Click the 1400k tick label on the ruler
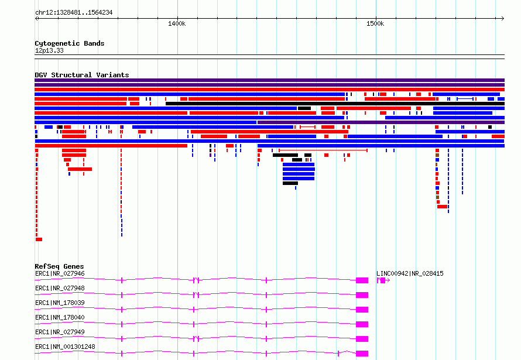click(177, 23)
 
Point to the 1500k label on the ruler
click(375, 23)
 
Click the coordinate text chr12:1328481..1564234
click(74, 13)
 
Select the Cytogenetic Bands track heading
click(70, 43)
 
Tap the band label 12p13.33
click(49, 50)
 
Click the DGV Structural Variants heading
click(82, 75)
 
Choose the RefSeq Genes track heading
click(59, 266)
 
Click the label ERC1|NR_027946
click(60, 273)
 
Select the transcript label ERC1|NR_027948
click(60, 288)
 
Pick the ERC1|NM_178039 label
click(60, 303)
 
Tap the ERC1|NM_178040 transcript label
click(60, 317)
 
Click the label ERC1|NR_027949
click(60, 332)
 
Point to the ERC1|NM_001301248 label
click(65, 347)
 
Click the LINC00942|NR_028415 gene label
click(410, 273)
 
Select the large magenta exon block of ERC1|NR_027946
click(362, 280)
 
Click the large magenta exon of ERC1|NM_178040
click(362, 324)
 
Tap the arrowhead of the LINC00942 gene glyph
click(388, 280)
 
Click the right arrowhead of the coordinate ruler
click(503, 19)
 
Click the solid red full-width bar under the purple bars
click(269, 90)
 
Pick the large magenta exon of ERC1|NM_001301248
click(362, 354)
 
